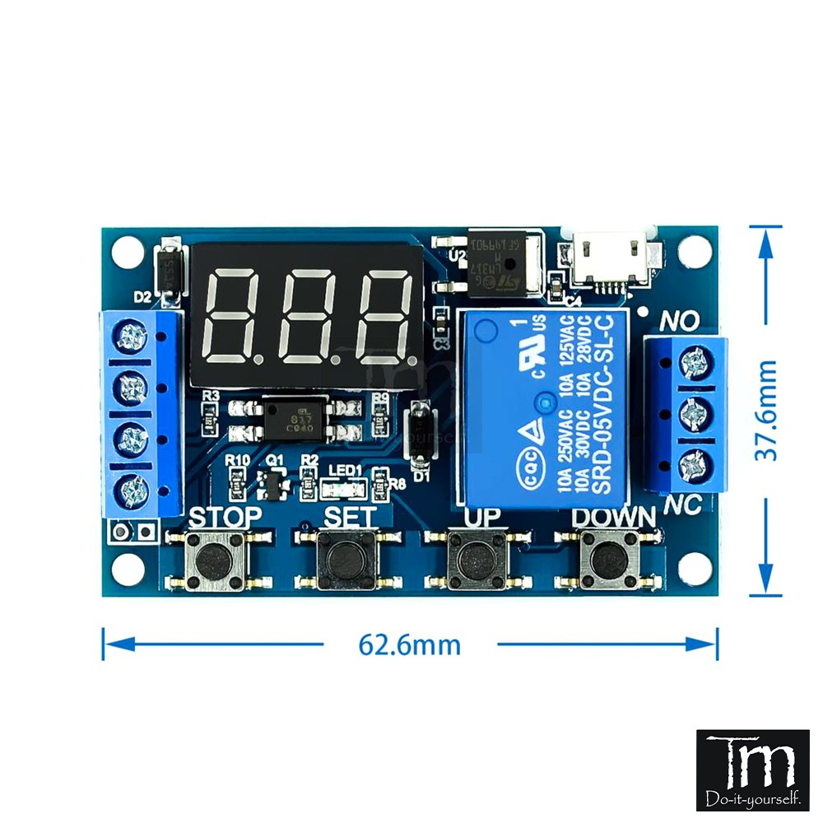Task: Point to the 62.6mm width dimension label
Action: tap(409, 644)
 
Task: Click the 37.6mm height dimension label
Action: tap(766, 410)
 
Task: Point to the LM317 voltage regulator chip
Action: tap(501, 261)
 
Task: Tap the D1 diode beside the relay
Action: tap(421, 432)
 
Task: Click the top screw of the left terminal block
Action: tap(132, 336)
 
